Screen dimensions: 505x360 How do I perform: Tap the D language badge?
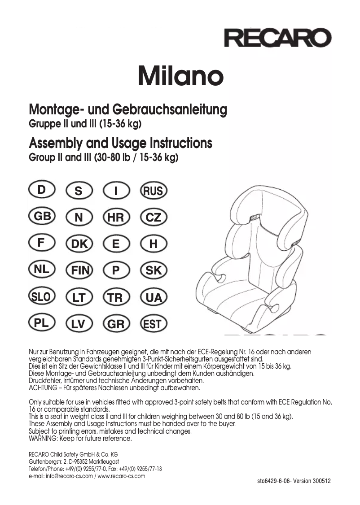click(42, 190)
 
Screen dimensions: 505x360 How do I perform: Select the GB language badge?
click(42, 217)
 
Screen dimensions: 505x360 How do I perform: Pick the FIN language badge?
click(79, 271)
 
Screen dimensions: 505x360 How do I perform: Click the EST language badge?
click(154, 324)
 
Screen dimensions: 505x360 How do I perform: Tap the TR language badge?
click(116, 298)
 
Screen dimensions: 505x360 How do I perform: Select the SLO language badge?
click(42, 296)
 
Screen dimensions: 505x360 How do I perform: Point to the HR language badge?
click(116, 218)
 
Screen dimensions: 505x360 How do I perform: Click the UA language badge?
click(154, 298)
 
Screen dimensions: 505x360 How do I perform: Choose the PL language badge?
click(42, 322)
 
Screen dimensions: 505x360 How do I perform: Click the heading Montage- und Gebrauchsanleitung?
click(128, 109)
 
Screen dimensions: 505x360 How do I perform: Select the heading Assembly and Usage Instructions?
click(120, 144)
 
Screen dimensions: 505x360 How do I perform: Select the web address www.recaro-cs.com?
click(121, 476)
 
